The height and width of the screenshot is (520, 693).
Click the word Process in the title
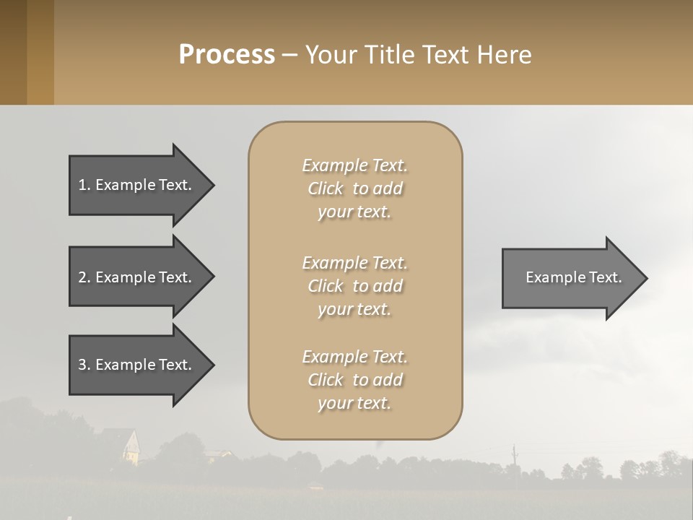click(x=227, y=55)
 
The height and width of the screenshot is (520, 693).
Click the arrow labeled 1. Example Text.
click(x=137, y=185)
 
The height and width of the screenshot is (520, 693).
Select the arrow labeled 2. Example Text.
click(x=137, y=277)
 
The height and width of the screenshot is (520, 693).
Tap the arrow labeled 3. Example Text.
click(x=137, y=365)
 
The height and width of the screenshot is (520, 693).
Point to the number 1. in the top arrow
click(x=84, y=185)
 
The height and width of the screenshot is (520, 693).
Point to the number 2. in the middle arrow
click(x=84, y=277)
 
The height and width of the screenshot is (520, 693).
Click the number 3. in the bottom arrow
click(x=84, y=365)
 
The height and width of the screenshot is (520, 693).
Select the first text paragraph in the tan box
click(x=355, y=188)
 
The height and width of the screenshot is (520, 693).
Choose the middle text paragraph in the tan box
click(x=355, y=286)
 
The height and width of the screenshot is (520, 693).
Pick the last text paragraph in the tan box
click(x=355, y=380)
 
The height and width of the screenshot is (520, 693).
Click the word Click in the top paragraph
click(x=325, y=188)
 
